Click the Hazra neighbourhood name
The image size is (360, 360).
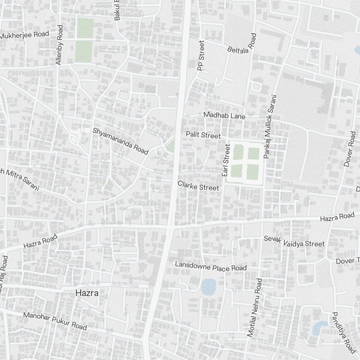point(87,293)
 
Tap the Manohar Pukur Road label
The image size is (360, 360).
point(55,321)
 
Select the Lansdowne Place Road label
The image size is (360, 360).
point(211,266)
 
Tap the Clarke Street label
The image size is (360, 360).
point(198,186)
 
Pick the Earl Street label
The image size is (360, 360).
point(226,160)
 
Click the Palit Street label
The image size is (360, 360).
point(203,135)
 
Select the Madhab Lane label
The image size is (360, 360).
point(224,116)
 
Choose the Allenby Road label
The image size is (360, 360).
point(59,45)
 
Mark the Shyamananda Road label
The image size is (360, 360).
point(121,141)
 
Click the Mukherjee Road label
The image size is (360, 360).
point(24,35)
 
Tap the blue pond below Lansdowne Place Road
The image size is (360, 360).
point(208,287)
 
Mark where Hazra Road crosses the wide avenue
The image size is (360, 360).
point(171,227)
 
